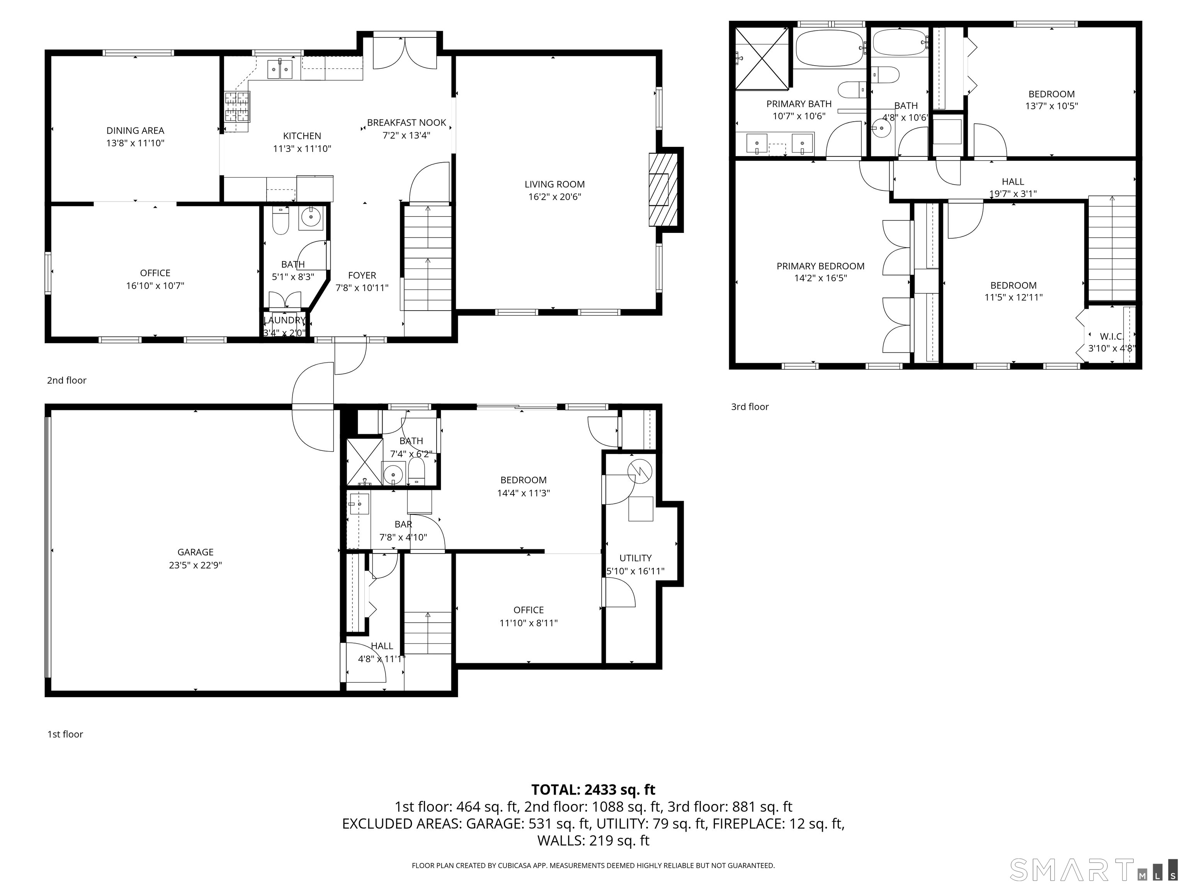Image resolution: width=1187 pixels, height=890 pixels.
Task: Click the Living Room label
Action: click(x=554, y=184)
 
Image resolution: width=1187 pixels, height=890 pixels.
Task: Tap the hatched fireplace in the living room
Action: click(x=659, y=189)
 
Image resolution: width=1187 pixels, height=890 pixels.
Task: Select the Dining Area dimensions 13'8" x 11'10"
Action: click(x=135, y=143)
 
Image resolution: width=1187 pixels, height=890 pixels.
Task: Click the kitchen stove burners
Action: click(x=237, y=106)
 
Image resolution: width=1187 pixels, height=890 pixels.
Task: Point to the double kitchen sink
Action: click(x=280, y=69)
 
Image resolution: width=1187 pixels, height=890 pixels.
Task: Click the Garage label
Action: click(x=196, y=552)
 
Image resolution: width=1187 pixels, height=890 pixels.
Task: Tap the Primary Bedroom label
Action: click(x=820, y=266)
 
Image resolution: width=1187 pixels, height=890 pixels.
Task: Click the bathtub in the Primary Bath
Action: click(x=830, y=48)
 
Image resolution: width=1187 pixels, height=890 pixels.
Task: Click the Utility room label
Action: click(x=635, y=558)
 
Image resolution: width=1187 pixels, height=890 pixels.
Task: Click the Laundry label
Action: click(x=284, y=320)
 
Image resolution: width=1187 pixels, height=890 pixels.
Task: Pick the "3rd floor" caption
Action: click(x=750, y=407)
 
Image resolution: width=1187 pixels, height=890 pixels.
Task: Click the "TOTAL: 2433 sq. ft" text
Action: click(x=593, y=790)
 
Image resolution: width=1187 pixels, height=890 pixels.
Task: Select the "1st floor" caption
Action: click(x=65, y=734)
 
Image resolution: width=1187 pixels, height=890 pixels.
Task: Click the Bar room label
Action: click(x=403, y=524)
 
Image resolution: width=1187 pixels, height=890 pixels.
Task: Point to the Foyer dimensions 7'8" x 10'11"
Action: click(x=362, y=288)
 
